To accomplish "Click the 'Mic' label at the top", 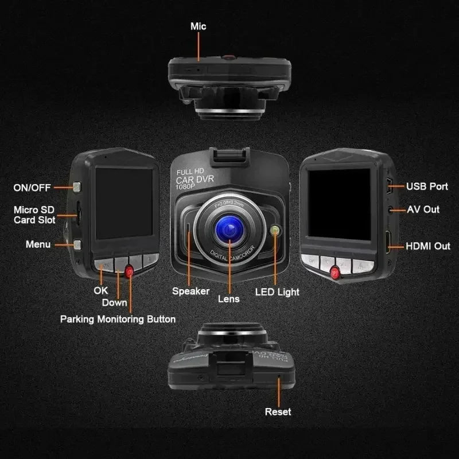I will [198, 26].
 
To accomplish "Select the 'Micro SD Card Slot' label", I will [34, 215].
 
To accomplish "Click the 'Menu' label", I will [38, 244].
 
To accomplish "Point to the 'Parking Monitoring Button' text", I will [118, 319].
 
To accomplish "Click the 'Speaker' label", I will [190, 291].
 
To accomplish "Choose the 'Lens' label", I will [228, 298].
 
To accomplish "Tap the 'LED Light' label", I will [277, 292].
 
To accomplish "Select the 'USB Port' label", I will [427, 186].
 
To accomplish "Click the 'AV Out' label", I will [423, 209].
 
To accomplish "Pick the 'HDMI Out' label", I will [428, 246].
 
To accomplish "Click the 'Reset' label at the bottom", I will [278, 411].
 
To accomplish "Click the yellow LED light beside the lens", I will [275, 231].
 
